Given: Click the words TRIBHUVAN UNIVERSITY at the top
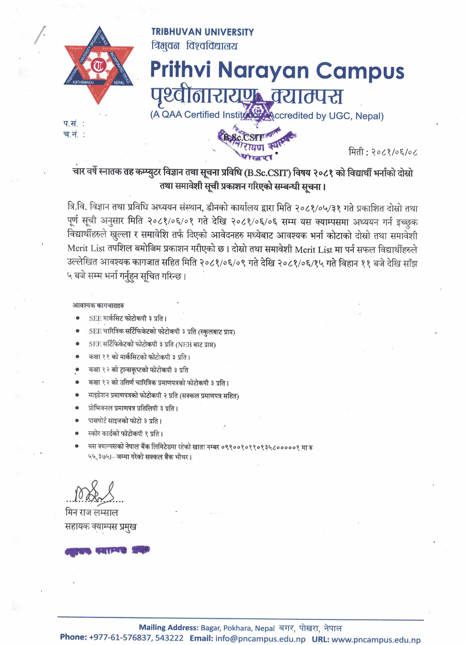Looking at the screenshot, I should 202,32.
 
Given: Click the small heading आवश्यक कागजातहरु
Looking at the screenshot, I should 98,305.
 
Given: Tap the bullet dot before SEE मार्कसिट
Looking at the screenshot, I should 77,318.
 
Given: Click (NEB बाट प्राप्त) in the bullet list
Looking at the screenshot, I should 196,345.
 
